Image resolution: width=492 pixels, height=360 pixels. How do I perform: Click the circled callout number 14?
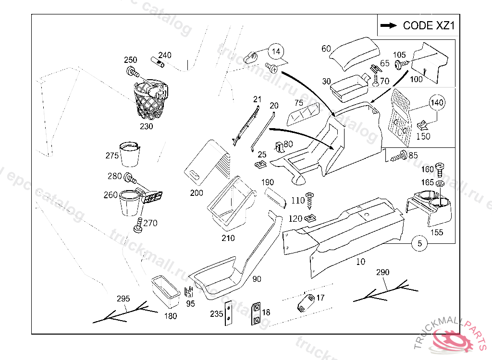click(276, 51)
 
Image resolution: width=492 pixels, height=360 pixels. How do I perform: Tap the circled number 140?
click(436, 102)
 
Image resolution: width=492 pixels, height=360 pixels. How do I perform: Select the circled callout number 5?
click(419, 244)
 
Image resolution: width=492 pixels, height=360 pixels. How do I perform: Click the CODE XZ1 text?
click(429, 25)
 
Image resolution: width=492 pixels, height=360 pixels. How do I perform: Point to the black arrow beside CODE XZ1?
click(388, 25)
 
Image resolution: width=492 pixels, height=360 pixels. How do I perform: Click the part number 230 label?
click(146, 127)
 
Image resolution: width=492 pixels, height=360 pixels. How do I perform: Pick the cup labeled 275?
click(129, 153)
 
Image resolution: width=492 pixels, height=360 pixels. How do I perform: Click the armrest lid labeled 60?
click(355, 50)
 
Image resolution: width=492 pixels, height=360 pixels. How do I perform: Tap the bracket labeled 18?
click(257, 314)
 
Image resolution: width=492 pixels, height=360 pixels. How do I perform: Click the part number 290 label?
click(382, 272)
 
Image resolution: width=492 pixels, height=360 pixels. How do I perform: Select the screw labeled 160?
click(440, 168)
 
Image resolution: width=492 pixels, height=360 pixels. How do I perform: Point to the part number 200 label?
click(197, 193)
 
